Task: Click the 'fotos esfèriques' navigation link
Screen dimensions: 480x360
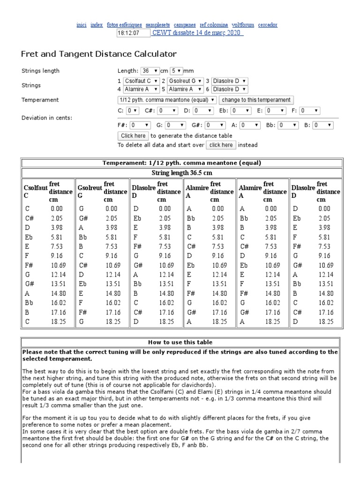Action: [x=124, y=24]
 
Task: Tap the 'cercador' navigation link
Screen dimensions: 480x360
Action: [x=267, y=24]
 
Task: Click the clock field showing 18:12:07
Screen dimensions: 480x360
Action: [x=133, y=33]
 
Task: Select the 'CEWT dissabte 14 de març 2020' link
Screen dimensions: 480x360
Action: [x=197, y=33]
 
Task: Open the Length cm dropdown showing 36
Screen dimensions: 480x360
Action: [x=150, y=71]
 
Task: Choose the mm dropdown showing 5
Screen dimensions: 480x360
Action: [x=176, y=71]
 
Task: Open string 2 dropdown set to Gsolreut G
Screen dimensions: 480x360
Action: [x=186, y=81]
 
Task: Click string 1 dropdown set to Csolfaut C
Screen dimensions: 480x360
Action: [x=141, y=81]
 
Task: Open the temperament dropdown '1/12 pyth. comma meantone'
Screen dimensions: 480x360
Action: [x=166, y=100]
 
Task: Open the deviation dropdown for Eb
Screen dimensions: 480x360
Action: [x=240, y=111]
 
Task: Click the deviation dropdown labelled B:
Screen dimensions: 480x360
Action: [x=323, y=125]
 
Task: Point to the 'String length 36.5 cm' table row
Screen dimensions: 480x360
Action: [x=180, y=172]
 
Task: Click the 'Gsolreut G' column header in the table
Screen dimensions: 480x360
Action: [x=90, y=191]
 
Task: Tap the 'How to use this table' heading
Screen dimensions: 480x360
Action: [x=180, y=342]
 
